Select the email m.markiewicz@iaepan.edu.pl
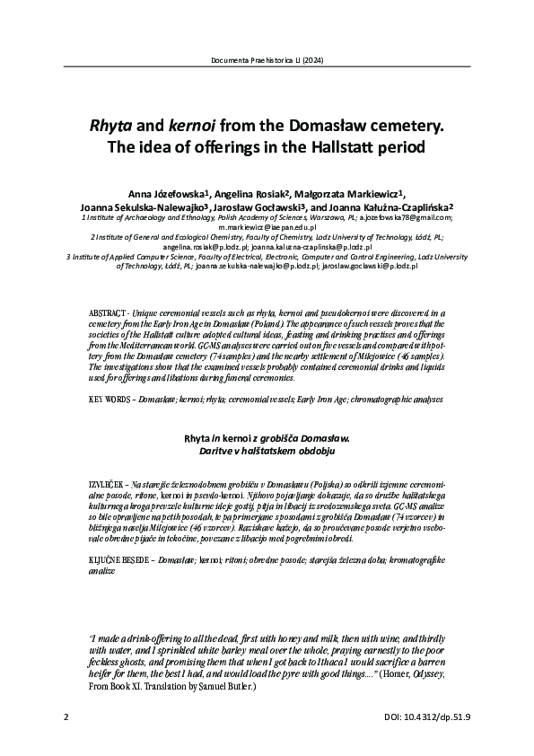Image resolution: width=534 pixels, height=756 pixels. pyautogui.click(x=267, y=228)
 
